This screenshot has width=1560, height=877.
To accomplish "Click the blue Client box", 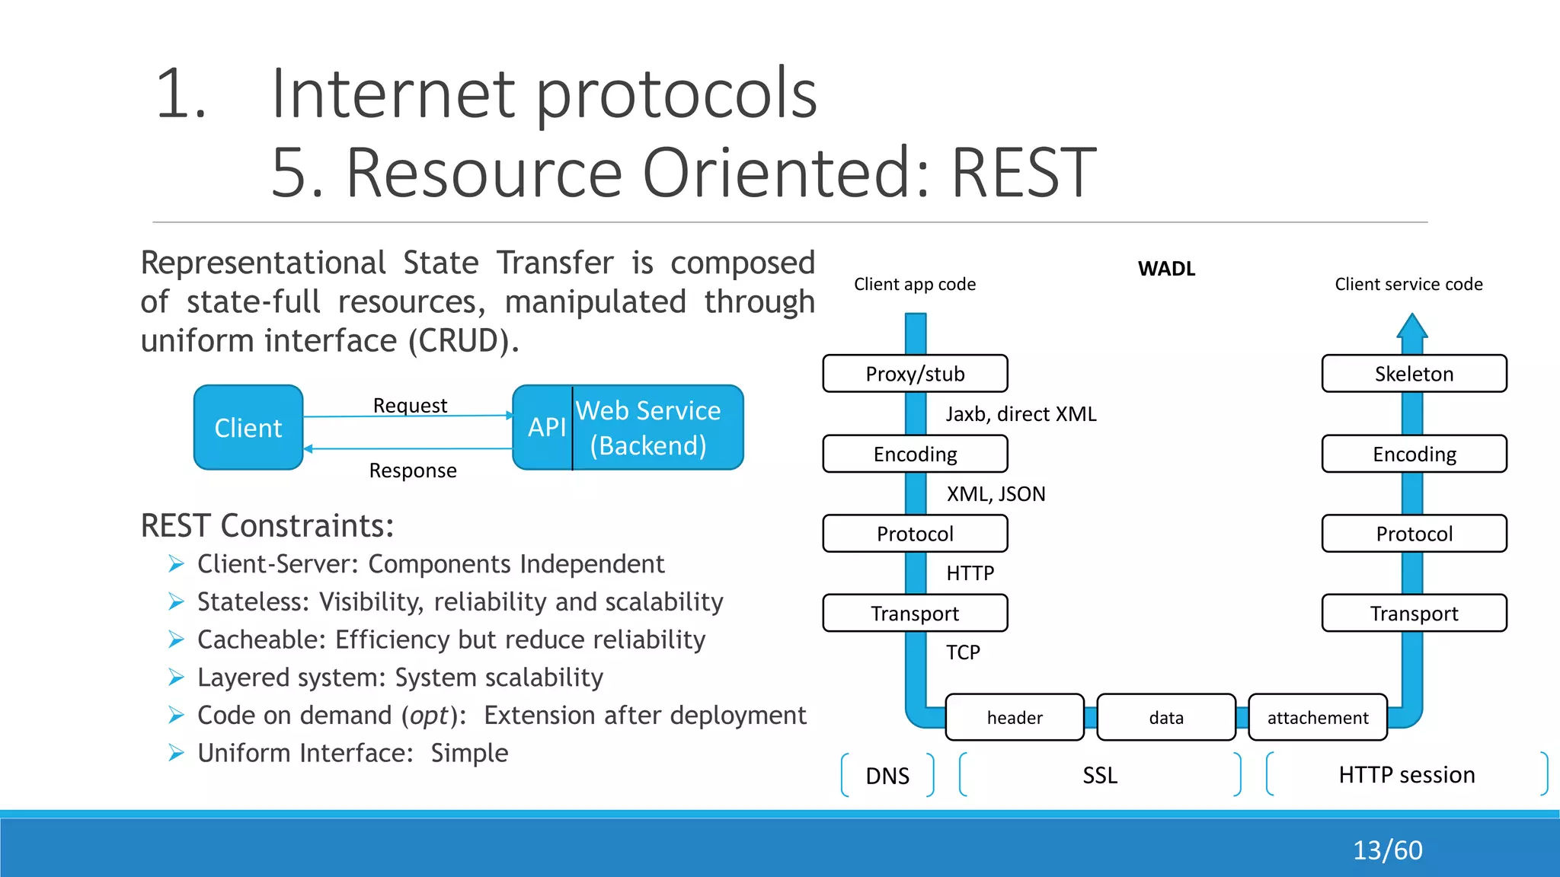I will (x=248, y=428).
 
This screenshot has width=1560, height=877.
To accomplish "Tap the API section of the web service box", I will (x=545, y=428).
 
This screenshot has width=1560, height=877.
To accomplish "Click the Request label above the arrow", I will (x=410, y=405).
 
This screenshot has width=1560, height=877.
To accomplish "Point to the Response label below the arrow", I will (x=413, y=470).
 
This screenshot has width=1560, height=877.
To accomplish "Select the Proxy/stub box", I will (x=915, y=374).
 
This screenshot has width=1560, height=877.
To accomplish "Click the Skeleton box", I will (x=1414, y=374).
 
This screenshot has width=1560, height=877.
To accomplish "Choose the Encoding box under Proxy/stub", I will (x=915, y=454).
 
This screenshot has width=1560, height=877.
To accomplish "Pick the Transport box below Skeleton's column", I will (x=1414, y=614).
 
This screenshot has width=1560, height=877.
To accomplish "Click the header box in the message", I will (x=1015, y=718).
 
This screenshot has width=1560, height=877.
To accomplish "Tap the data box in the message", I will (x=1166, y=718).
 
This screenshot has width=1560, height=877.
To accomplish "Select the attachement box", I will (x=1318, y=718).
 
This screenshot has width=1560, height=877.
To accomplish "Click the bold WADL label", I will (x=1166, y=269).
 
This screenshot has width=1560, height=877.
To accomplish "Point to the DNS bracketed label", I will (x=887, y=776).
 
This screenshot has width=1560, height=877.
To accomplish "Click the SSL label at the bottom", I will (x=1100, y=776).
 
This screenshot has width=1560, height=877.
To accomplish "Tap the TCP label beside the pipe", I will (x=963, y=652).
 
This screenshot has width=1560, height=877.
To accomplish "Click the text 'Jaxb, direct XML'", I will (x=1021, y=414).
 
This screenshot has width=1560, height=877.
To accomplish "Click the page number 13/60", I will (x=1387, y=850).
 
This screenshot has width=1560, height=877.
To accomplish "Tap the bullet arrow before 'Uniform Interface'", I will (x=177, y=754).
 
